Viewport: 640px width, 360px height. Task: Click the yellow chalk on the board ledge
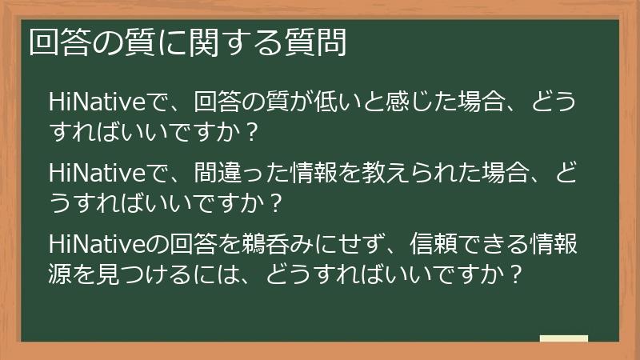click(564, 338)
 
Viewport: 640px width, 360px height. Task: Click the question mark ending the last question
click(516, 274)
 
